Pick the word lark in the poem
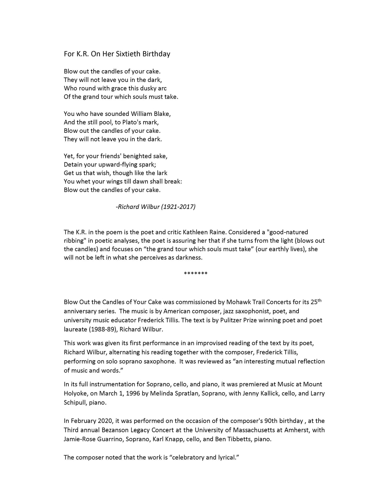pos(162,173)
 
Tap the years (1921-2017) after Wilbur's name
pos(178,207)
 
